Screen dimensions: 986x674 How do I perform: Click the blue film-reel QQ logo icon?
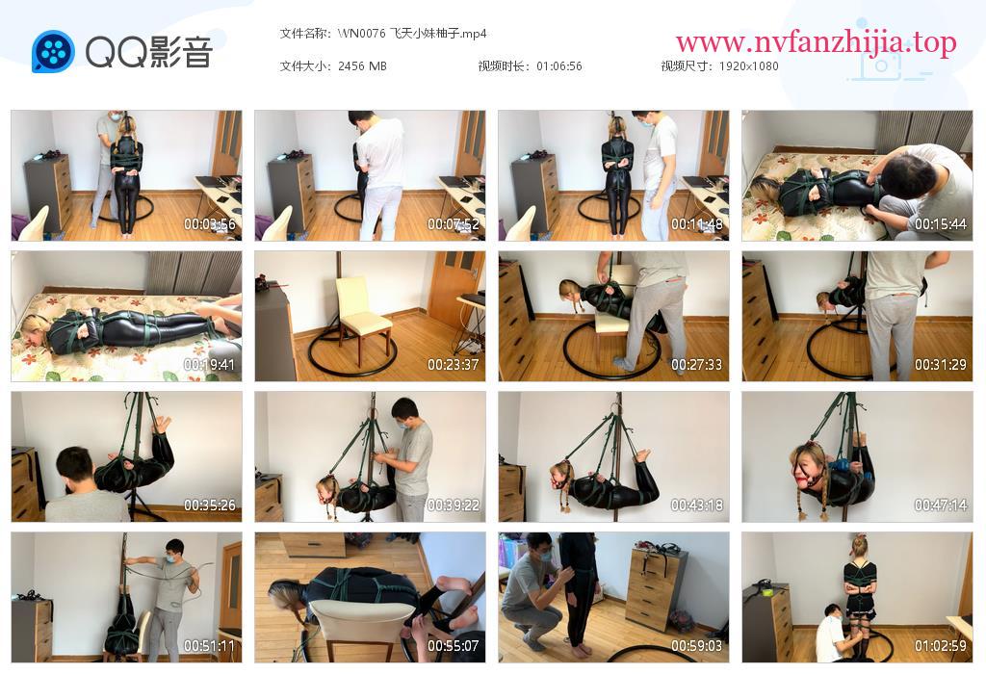coord(53,52)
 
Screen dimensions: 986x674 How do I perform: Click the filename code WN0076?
coord(362,34)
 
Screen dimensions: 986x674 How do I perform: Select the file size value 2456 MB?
coord(362,66)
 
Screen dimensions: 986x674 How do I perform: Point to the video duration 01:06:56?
coord(559,66)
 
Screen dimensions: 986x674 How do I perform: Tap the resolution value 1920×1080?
coord(749,66)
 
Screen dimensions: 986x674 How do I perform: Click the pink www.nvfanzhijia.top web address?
coord(817,42)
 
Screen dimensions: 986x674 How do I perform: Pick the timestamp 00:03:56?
coord(209,223)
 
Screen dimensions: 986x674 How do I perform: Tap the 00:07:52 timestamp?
coord(454,223)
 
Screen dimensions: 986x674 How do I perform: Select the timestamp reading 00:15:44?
coord(941,223)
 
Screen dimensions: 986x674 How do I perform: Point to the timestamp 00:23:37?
coord(454,365)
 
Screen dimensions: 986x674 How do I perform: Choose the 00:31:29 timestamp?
coord(941,365)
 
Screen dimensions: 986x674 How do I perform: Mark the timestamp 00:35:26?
coord(209,505)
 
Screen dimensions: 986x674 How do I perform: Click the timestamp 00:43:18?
coord(697,505)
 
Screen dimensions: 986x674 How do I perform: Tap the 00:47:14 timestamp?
coord(941,505)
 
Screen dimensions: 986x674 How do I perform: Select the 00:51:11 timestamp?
coord(209,646)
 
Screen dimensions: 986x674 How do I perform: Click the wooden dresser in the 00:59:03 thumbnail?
coord(659,588)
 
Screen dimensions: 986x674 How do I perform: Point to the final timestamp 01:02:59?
coord(941,646)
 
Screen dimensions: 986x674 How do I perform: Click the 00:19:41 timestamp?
coord(209,365)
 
